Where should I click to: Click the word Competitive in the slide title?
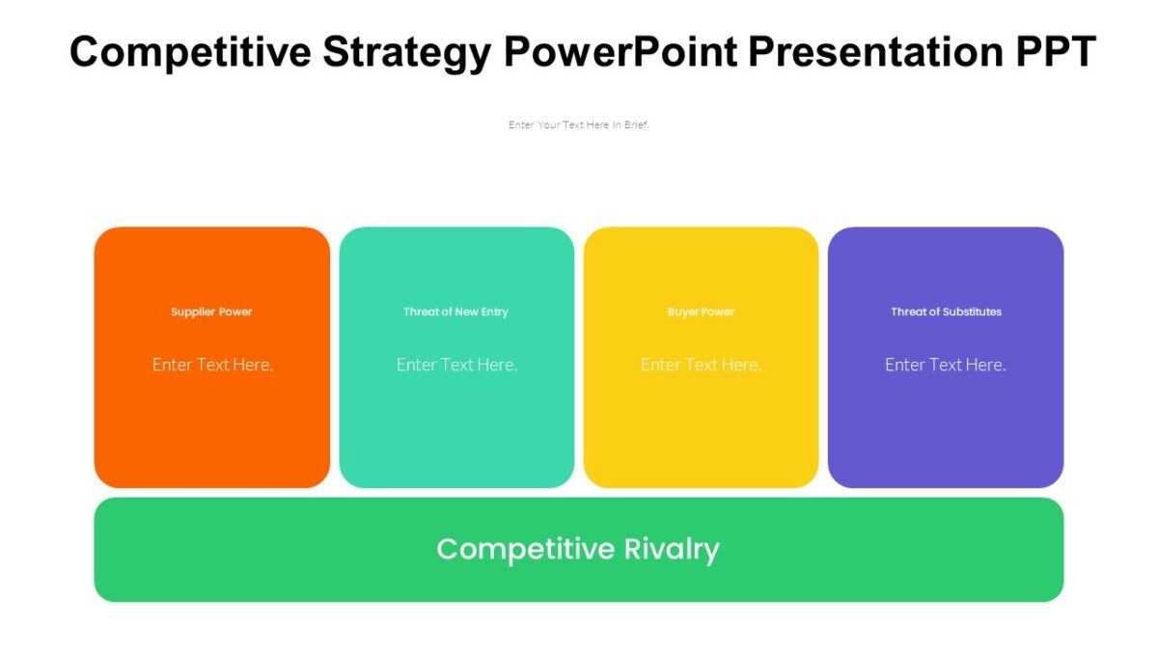click(x=190, y=51)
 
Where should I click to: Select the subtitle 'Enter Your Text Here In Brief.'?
click(x=579, y=124)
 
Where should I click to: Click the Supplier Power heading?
click(x=211, y=312)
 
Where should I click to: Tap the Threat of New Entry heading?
click(x=455, y=312)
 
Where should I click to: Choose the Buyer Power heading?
click(x=701, y=312)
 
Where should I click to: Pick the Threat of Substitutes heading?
click(x=946, y=312)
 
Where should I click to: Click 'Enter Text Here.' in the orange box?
click(x=212, y=365)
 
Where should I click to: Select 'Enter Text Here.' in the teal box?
click(x=456, y=365)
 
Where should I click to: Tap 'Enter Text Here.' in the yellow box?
click(x=701, y=365)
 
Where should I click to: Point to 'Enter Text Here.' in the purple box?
click(x=946, y=365)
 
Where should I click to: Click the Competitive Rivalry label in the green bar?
click(x=578, y=549)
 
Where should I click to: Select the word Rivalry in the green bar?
click(x=672, y=549)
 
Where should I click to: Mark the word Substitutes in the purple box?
click(x=973, y=312)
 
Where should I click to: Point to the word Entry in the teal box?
click(x=494, y=312)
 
